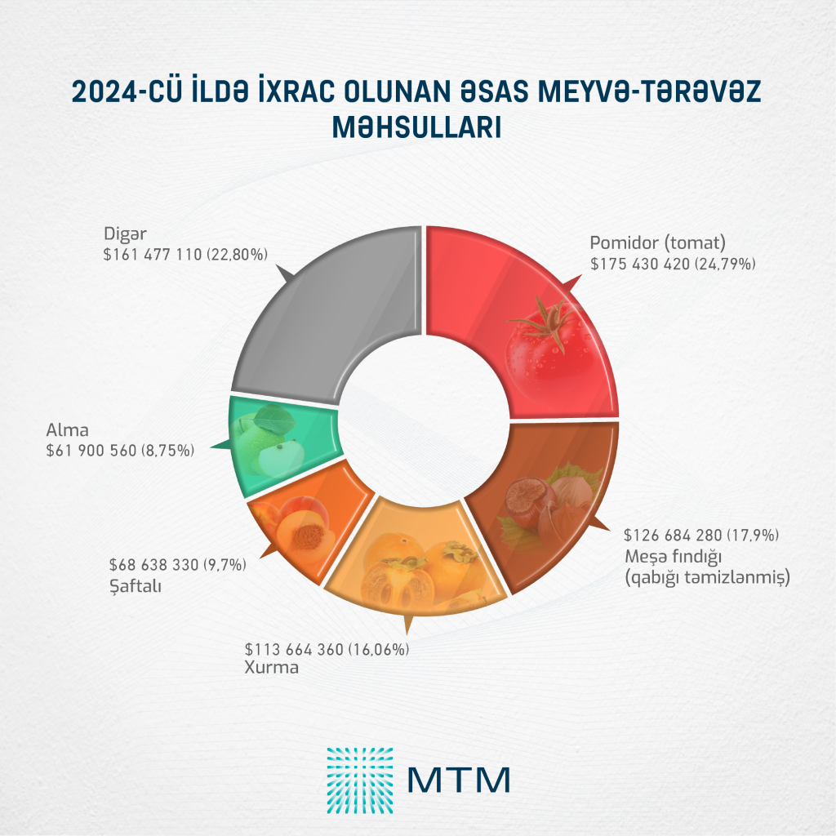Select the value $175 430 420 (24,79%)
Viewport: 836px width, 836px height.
click(673, 265)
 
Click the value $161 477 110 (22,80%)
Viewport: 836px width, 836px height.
click(185, 255)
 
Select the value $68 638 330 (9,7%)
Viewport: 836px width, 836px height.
click(177, 564)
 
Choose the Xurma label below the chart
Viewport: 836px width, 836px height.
click(272, 668)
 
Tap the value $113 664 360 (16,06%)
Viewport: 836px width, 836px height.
click(327, 649)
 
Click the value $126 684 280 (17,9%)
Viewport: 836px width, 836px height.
click(703, 536)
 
